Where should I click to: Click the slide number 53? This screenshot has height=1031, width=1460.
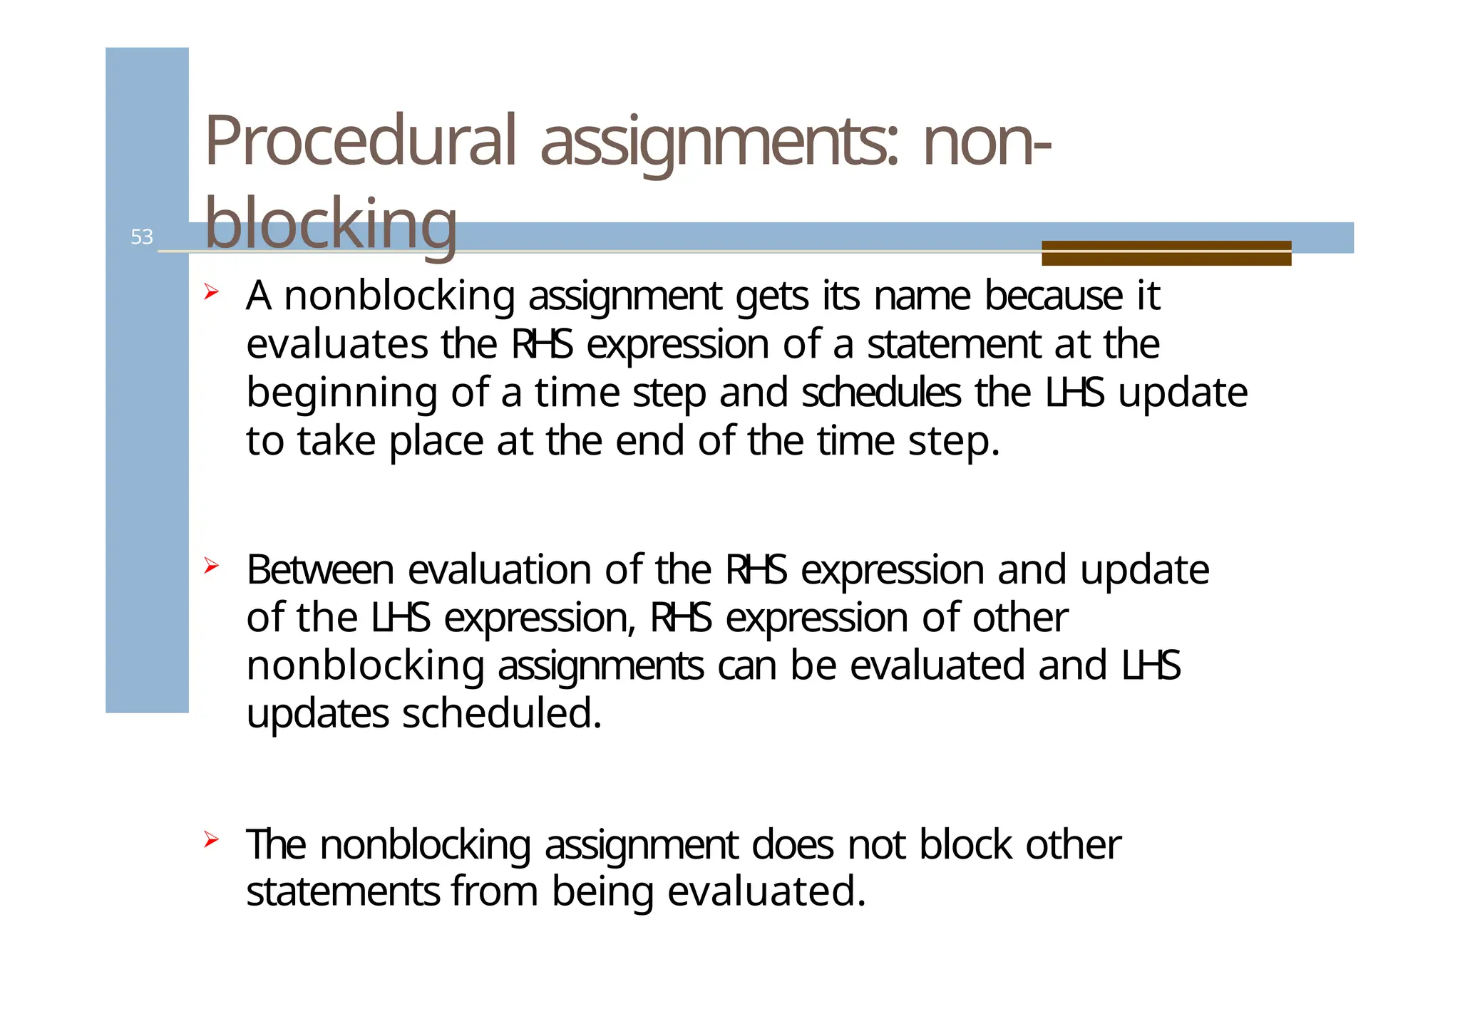pos(141,237)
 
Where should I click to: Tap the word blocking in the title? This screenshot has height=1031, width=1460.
pos(330,224)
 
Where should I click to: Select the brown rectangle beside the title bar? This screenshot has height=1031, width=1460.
pos(1166,253)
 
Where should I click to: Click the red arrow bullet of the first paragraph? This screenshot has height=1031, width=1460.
pos(210,292)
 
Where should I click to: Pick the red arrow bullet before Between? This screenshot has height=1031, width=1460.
pos(210,566)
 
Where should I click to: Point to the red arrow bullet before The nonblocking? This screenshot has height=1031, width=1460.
pos(210,840)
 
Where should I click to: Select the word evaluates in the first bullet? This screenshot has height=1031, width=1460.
pos(336,344)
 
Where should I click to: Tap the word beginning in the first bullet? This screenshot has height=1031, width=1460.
pos(341,393)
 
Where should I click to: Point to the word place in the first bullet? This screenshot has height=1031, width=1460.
pos(436,442)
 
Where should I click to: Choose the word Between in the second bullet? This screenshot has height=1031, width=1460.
pos(320,570)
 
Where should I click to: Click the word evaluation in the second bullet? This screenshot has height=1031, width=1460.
pos(499,570)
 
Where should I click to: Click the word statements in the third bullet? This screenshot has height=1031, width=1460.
pos(343,892)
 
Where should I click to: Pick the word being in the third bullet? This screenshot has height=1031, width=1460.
pos(602,893)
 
